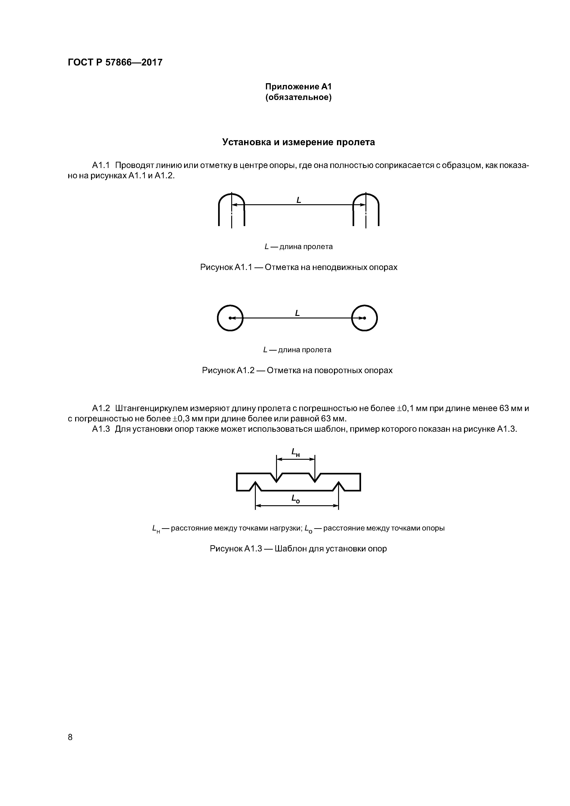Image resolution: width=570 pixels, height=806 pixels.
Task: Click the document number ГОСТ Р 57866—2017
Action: pos(115,62)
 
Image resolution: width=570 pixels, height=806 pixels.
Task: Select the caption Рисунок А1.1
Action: pos(299,267)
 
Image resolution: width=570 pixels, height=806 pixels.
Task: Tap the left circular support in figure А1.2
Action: pos(230,318)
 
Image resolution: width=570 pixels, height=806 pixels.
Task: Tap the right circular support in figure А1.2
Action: pos(365,318)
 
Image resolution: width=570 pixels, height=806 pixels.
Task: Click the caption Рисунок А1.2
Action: pos(297,370)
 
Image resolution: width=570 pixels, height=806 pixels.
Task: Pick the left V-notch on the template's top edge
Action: pos(276,477)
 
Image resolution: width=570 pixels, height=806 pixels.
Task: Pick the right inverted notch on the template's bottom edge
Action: pos(339,486)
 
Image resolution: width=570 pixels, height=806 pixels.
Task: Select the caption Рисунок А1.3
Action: pos(298,549)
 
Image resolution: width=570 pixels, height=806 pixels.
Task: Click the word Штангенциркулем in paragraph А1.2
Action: pos(151,409)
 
